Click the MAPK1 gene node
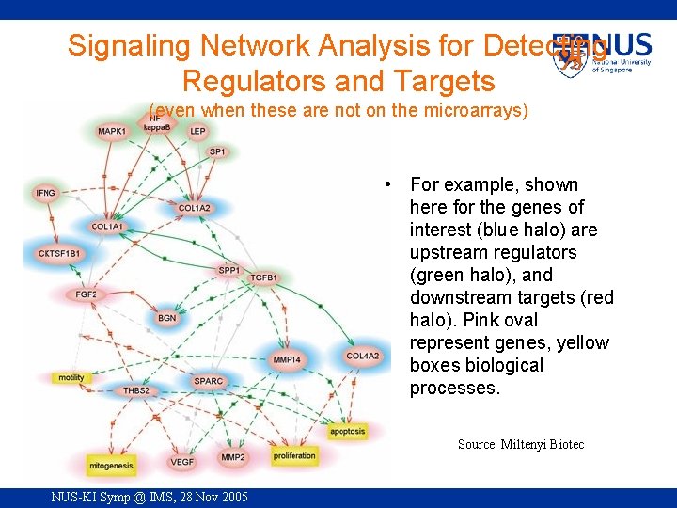112,132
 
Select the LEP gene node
197,132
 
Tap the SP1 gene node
217,151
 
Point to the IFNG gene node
45,193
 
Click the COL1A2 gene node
195,208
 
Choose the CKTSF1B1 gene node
58,254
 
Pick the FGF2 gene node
87,294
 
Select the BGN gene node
166,318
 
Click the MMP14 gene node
287,359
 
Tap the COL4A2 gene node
362,356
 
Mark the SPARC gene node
208,381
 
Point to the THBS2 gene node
136,390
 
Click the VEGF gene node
181,462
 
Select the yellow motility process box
71,377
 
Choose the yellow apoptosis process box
347,432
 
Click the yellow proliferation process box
294,456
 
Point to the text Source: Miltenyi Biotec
520,444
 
